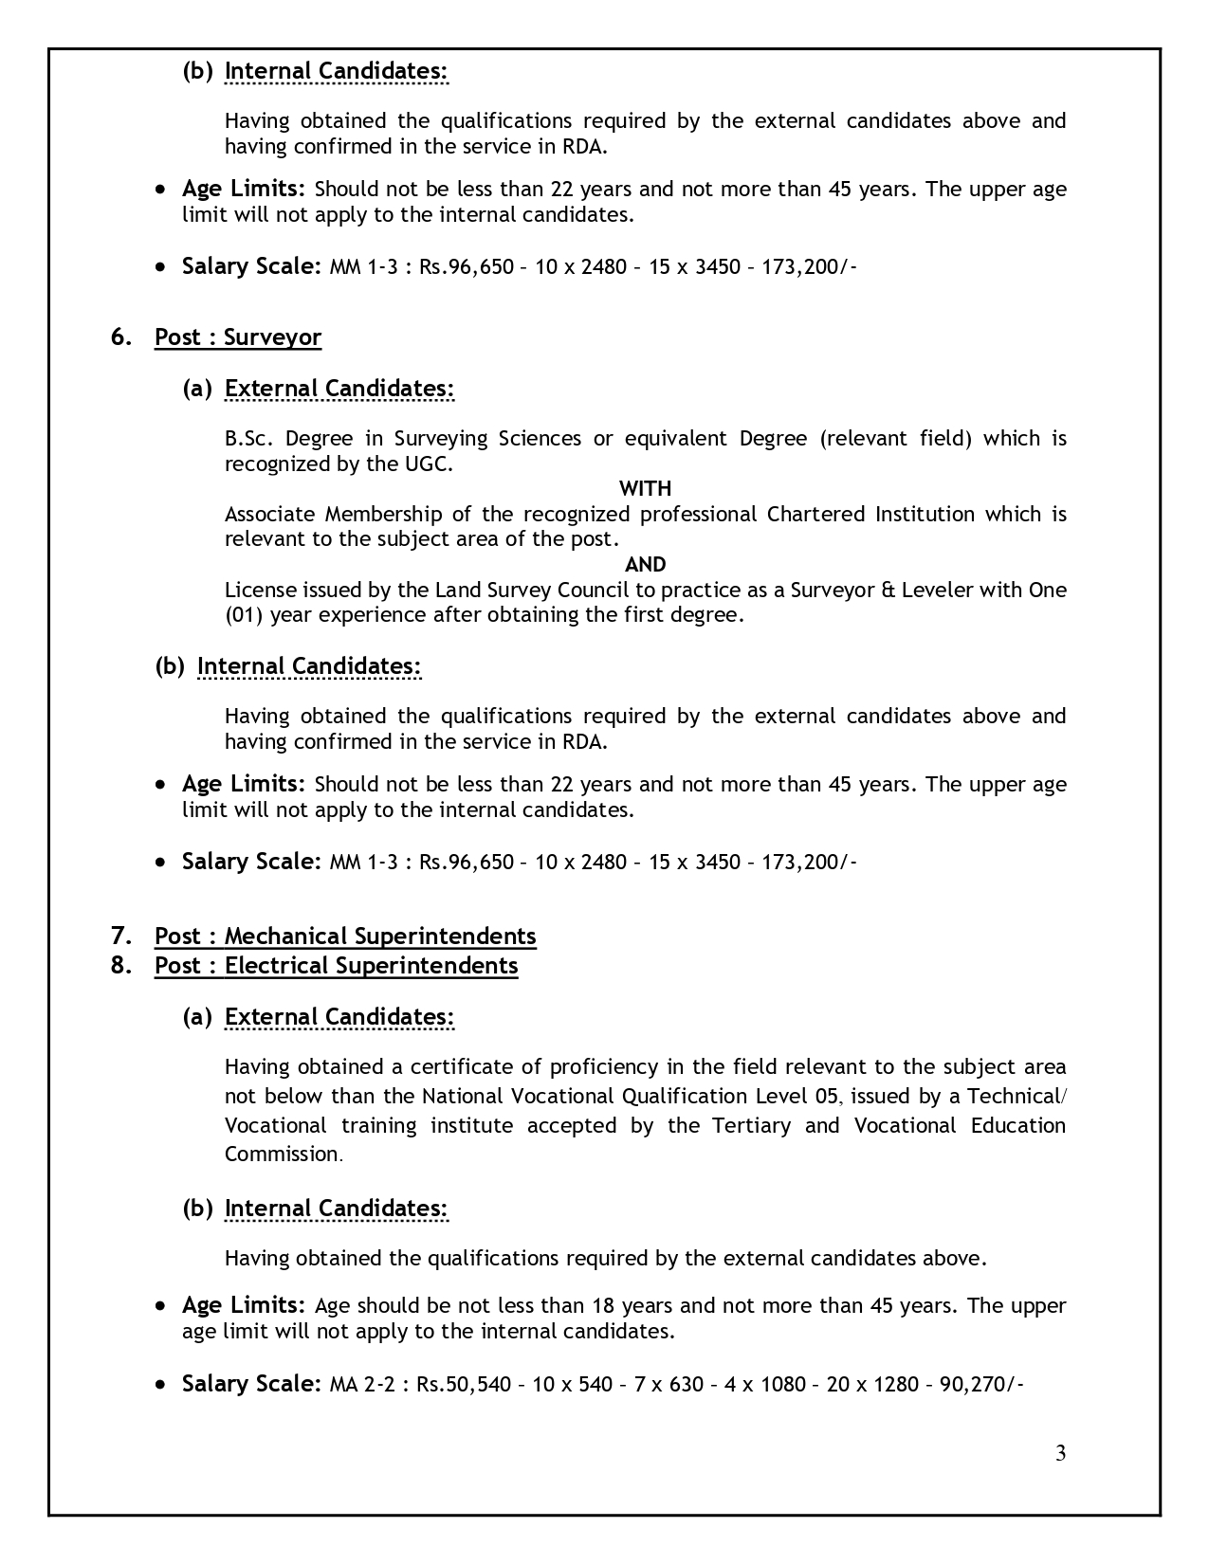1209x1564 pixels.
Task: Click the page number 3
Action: coord(1060,1453)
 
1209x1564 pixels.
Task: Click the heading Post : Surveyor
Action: coord(238,337)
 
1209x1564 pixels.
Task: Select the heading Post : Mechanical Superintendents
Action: coord(345,936)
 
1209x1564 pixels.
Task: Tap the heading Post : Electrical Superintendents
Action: coord(336,965)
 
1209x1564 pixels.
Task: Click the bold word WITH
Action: coord(645,488)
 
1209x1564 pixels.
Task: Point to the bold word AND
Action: coord(645,564)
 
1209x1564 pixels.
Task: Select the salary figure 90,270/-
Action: coord(981,1384)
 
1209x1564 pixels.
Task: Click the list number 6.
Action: coord(120,337)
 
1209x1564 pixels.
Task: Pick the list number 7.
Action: coord(120,936)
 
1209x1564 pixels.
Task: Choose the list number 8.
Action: coord(120,965)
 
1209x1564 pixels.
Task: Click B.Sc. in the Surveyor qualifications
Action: coord(248,438)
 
